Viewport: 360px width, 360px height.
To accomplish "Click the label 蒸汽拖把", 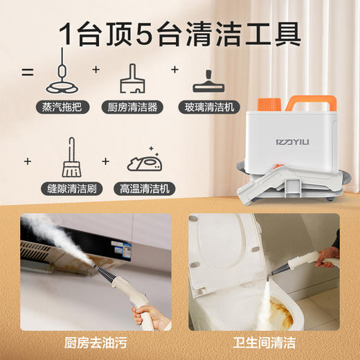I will tap(63, 107).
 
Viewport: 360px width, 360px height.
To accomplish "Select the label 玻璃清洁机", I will tap(212, 107).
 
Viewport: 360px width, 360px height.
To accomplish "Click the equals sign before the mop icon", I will tap(28, 71).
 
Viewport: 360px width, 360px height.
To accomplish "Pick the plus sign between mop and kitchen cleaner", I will tap(96, 70).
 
